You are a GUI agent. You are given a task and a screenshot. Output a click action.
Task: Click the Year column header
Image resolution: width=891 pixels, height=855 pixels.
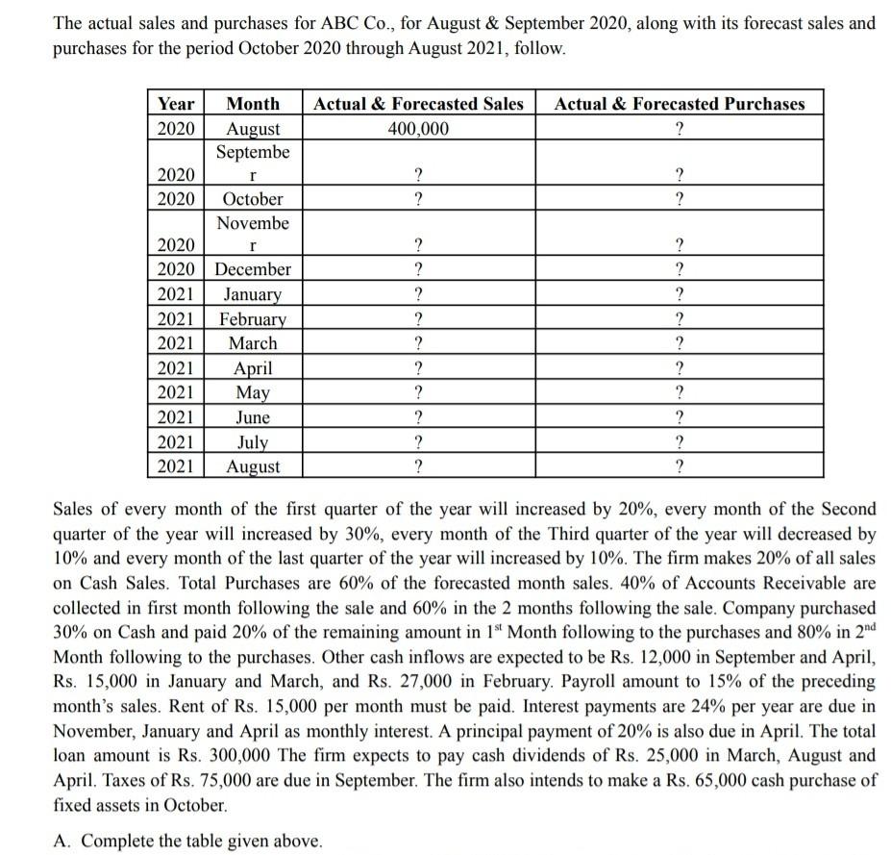[176, 104]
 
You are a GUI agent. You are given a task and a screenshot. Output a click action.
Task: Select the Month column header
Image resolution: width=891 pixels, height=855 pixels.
[253, 104]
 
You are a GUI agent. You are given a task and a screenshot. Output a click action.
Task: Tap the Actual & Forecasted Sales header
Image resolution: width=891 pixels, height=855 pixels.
[419, 104]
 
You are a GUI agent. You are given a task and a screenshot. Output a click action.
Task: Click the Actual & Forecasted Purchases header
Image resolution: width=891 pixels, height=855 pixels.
[680, 104]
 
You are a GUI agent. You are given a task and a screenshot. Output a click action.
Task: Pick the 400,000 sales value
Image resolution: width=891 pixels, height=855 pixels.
[418, 128]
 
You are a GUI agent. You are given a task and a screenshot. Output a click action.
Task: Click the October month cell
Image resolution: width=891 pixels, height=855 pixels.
[253, 199]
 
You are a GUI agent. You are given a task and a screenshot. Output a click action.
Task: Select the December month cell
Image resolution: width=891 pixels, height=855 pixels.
[253, 269]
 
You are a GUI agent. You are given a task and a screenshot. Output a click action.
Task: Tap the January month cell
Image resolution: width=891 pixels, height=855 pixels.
[253, 294]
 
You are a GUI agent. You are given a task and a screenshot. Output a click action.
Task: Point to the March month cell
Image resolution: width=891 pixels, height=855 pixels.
[253, 343]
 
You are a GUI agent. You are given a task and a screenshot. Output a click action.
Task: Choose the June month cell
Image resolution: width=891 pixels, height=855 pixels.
[253, 417]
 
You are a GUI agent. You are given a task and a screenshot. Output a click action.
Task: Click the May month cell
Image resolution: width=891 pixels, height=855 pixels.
[253, 392]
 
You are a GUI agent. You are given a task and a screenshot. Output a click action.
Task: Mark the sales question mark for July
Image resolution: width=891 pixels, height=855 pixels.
[418, 442]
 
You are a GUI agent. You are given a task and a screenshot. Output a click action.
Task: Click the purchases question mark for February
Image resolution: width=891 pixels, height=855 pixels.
[680, 319]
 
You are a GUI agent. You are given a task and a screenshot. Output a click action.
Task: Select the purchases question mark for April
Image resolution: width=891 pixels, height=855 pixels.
[680, 368]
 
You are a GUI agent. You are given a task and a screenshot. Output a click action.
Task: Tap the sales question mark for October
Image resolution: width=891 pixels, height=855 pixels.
[418, 199]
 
